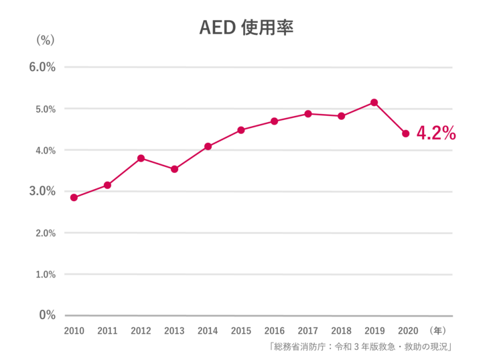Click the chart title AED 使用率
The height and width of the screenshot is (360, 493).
246,29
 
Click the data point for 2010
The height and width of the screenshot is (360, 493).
74,198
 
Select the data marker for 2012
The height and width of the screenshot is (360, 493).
141,158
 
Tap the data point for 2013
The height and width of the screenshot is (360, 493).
174,169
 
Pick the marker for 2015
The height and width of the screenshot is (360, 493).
241,130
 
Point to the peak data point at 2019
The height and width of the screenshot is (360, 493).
374,103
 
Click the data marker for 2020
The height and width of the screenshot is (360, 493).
405,133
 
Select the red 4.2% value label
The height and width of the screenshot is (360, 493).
436,133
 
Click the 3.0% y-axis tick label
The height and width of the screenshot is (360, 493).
42,192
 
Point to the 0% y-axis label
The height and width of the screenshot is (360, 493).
46,314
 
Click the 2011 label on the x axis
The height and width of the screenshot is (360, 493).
107,331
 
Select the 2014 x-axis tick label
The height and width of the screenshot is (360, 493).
208,331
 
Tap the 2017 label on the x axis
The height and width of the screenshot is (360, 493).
307,331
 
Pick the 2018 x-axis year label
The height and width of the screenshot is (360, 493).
341,331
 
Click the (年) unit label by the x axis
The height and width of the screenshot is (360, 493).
438,331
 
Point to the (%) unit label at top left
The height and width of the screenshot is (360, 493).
45,40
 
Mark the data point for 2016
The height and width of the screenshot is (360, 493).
274,121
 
